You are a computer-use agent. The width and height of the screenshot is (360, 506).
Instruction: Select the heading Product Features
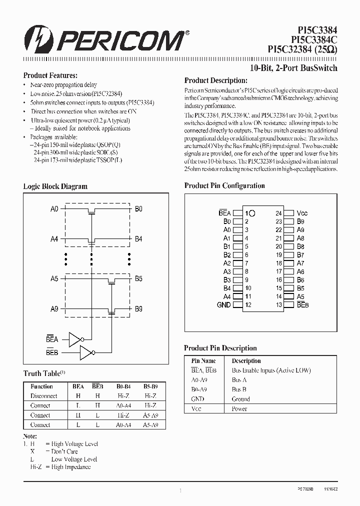point(50,75)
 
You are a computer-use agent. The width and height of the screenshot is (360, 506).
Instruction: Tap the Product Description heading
point(215,80)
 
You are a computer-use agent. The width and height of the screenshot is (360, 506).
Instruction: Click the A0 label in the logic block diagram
point(54,209)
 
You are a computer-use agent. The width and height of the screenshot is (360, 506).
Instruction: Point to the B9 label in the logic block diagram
point(138,309)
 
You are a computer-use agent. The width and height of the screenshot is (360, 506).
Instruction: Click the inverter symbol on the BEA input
point(75,340)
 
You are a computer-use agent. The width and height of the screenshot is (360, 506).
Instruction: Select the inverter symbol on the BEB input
point(86,353)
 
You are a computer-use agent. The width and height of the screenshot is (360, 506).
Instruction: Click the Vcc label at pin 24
point(301,213)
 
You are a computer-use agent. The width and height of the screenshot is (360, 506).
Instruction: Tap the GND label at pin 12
point(223,305)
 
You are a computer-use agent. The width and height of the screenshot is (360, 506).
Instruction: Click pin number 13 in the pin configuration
point(278,305)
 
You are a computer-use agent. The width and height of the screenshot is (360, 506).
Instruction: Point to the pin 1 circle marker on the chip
point(252,213)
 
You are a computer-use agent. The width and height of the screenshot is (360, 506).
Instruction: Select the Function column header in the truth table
point(41,386)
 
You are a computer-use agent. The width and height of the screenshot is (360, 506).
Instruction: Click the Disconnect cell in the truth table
point(43,396)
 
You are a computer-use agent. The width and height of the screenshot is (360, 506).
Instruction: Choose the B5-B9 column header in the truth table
point(150,386)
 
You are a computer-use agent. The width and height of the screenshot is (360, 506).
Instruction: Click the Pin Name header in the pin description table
point(203,360)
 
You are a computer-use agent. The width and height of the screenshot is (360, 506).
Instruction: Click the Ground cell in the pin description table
point(240,399)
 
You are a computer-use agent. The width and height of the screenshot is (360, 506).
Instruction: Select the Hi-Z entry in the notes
point(35,466)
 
